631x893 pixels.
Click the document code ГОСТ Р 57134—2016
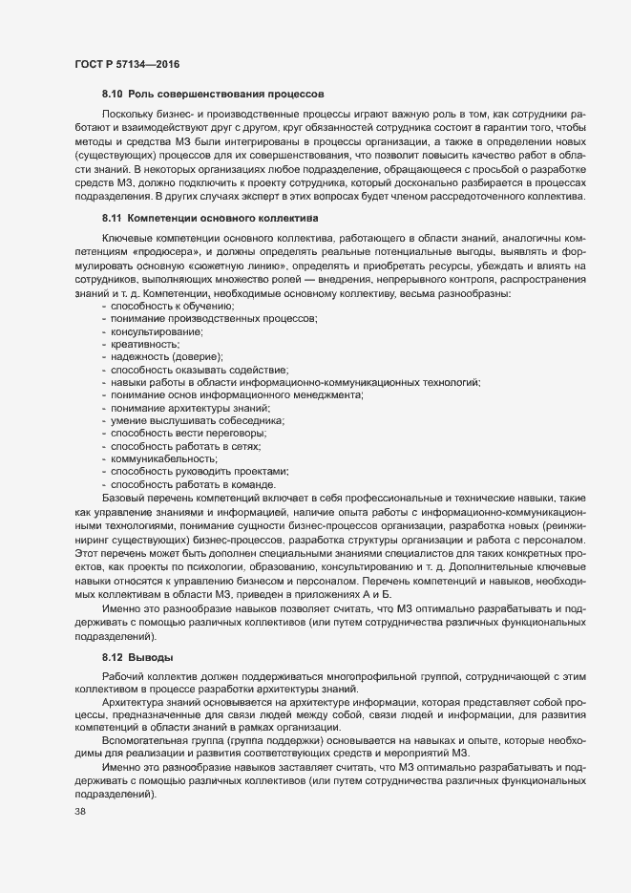click(x=126, y=64)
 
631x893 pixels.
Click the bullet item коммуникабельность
click(x=158, y=458)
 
